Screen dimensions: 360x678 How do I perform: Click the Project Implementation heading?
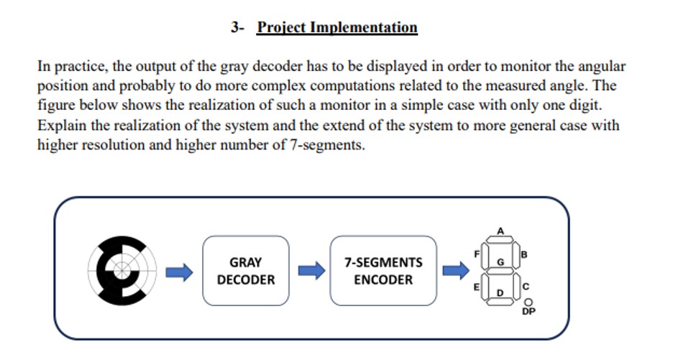pyautogui.click(x=337, y=28)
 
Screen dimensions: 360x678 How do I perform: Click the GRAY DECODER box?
pyautogui.click(x=246, y=271)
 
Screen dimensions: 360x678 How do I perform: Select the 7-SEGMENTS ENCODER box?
pyautogui.click(x=383, y=271)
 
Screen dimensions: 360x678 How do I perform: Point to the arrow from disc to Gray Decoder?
pyautogui.click(x=180, y=272)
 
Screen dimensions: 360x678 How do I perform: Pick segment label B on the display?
pyautogui.click(x=524, y=254)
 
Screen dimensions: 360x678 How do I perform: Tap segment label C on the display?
pyautogui.click(x=525, y=286)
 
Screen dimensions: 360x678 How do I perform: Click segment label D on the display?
pyautogui.click(x=500, y=293)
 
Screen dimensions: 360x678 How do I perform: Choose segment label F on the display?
pyautogui.click(x=477, y=254)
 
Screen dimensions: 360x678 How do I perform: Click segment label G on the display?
pyautogui.click(x=500, y=263)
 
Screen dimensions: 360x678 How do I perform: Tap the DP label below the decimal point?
pyautogui.click(x=529, y=311)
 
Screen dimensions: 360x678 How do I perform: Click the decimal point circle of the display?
pyautogui.click(x=529, y=302)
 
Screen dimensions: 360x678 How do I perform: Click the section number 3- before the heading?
pyautogui.click(x=238, y=28)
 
